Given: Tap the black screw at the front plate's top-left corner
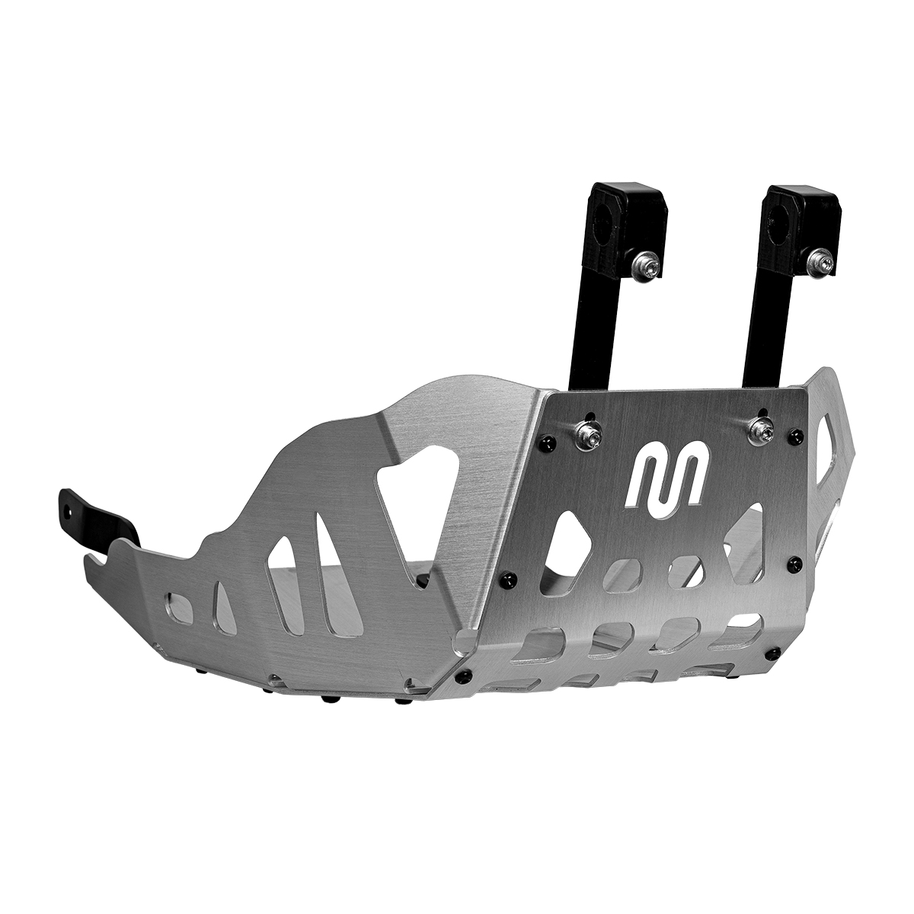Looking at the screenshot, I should [543, 443].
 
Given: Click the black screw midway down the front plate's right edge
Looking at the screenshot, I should [795, 563].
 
